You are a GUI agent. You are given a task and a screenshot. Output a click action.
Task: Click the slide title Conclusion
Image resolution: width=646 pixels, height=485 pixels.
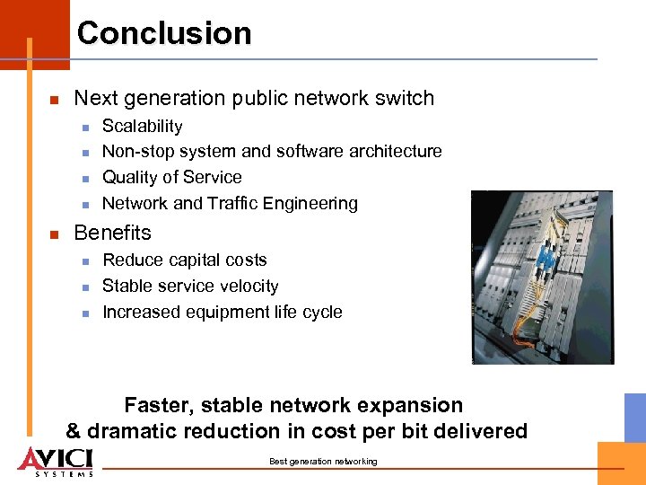pos(164,33)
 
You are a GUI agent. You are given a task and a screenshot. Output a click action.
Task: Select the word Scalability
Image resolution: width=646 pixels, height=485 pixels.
pos(142,127)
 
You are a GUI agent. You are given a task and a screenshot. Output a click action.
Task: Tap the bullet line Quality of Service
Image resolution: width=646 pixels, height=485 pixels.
pos(171,178)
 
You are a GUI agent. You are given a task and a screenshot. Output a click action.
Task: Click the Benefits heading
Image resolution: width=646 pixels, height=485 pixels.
pos(112,233)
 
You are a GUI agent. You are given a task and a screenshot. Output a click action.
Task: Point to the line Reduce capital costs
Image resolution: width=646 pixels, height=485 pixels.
pos(185,260)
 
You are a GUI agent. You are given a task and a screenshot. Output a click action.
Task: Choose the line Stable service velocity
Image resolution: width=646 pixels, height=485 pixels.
pos(190,287)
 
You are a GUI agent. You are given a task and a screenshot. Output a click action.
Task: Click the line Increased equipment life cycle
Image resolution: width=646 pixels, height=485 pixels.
pos(222,313)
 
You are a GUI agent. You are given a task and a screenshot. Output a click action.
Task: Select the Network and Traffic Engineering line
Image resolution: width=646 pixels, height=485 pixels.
pos(230,204)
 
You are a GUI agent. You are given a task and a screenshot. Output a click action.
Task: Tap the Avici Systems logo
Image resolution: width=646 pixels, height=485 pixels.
pos(56,460)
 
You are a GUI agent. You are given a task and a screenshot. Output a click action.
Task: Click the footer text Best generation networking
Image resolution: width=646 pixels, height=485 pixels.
pos(323,462)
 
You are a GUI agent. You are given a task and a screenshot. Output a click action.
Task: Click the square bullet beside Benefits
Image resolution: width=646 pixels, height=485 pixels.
pos(55,234)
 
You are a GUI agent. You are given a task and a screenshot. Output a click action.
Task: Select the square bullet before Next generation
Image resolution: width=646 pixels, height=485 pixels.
pos(55,100)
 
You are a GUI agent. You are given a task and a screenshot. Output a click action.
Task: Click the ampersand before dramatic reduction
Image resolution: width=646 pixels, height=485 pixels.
pos(74,432)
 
